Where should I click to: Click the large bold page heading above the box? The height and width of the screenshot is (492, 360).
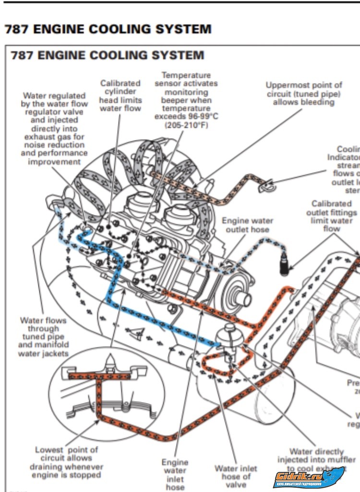click(x=108, y=29)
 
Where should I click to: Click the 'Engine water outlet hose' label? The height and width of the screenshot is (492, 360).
click(x=247, y=225)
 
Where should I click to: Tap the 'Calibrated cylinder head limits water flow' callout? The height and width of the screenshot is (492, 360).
click(x=120, y=96)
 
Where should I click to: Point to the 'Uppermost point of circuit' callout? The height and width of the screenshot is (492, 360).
click(x=304, y=94)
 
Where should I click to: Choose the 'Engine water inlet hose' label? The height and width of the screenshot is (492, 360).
click(x=175, y=474)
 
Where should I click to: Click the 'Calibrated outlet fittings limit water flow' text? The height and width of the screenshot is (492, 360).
click(x=331, y=216)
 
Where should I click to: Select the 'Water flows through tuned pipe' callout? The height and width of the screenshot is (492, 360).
click(x=43, y=336)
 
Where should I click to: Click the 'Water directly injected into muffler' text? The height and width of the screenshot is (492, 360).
click(x=317, y=459)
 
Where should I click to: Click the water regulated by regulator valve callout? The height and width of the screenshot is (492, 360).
click(x=54, y=129)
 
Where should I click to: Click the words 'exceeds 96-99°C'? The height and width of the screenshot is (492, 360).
click(x=186, y=117)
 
